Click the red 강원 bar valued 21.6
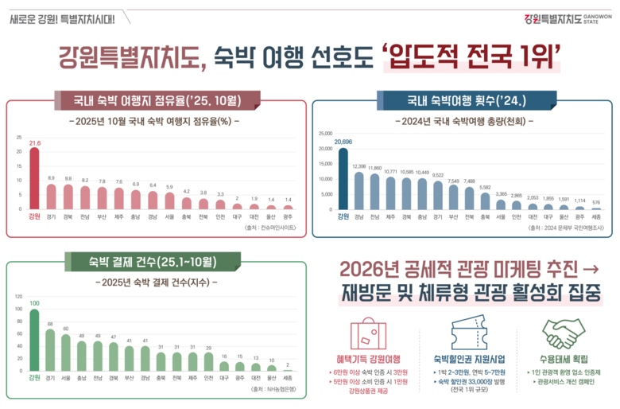(x=34, y=178)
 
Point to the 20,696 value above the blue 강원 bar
(x=343, y=142)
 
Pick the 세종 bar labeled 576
(x=596, y=208)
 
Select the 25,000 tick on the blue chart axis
(x=325, y=134)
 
